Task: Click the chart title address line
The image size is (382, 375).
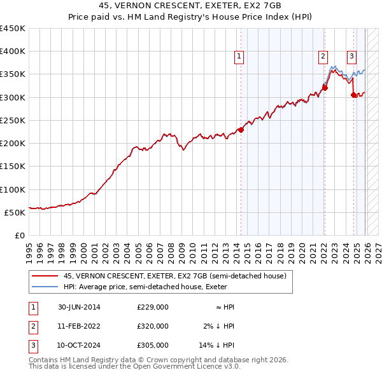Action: click(190, 5)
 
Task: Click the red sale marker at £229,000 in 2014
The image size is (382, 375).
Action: click(241, 130)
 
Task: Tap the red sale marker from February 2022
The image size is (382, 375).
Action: click(325, 88)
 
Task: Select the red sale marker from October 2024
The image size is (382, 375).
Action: click(354, 95)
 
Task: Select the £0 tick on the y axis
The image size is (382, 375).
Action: click(19, 235)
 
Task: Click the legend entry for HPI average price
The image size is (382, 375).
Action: click(150, 287)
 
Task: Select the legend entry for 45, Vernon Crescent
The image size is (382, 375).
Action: click(175, 276)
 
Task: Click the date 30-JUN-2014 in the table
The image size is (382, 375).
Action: click(79, 307)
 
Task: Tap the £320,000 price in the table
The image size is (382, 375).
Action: click(153, 326)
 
